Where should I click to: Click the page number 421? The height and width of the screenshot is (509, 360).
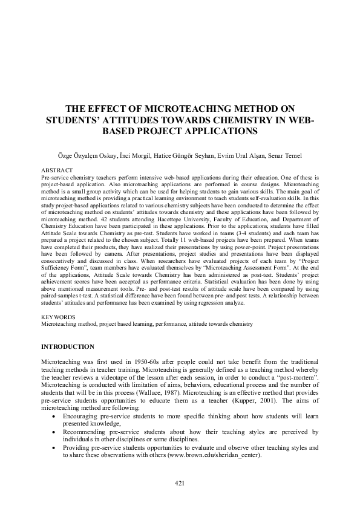[179, 482]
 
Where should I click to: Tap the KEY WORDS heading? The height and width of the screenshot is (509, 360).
[58, 317]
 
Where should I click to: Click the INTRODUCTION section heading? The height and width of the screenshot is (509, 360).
[67, 346]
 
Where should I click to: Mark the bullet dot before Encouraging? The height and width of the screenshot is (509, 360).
[56, 416]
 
